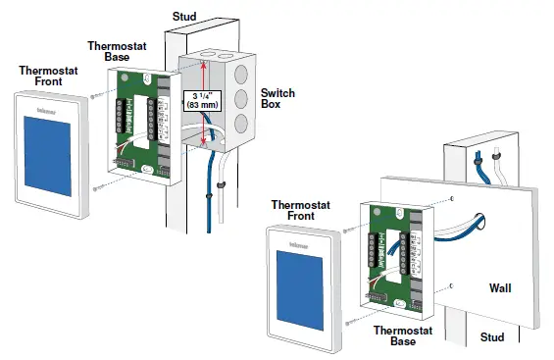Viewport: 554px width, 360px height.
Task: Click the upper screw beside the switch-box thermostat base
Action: (x=94, y=95)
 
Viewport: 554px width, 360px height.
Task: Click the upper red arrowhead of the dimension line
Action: (x=201, y=64)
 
